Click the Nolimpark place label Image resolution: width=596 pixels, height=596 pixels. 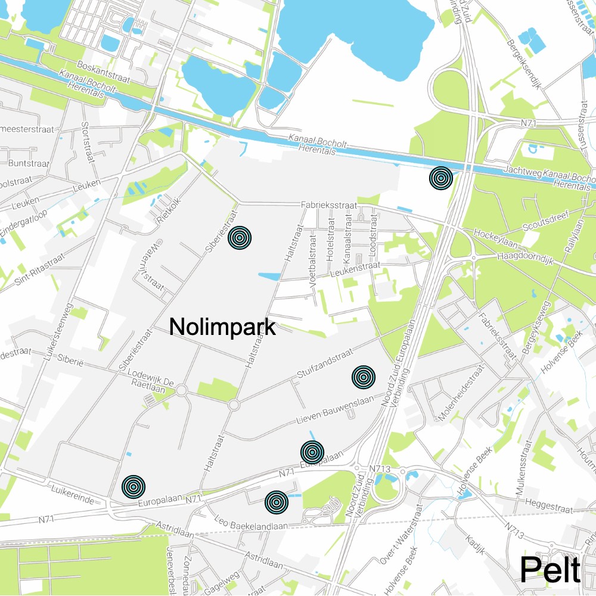(222, 327)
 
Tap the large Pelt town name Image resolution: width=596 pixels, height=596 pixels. (550, 570)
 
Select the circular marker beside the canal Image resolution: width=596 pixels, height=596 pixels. (440, 178)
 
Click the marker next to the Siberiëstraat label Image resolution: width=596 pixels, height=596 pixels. (239, 237)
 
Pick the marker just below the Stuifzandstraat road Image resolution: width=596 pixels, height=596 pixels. (363, 377)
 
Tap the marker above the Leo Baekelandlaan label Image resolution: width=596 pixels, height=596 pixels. (276, 502)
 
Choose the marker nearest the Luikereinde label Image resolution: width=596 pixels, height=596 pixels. (134, 487)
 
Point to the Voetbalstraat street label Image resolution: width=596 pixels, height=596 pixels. (312, 260)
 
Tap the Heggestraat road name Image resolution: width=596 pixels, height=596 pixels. (550, 508)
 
